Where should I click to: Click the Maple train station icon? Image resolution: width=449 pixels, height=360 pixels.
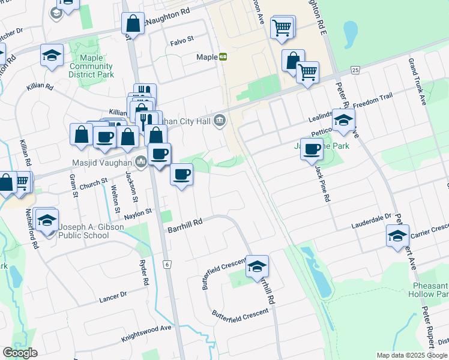pyautogui.click(x=223, y=57)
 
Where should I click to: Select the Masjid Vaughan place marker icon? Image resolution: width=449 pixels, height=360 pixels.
pyautogui.click(x=141, y=161)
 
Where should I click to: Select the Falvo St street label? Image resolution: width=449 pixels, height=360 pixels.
pyautogui.click(x=182, y=39)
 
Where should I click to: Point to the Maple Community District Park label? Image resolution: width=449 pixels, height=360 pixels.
pyautogui.click(x=91, y=66)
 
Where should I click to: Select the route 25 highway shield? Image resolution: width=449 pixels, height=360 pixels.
pyautogui.click(x=355, y=70)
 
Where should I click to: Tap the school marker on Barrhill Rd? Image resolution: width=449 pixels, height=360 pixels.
pyautogui.click(x=257, y=266)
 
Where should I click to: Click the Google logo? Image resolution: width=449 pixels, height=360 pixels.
pyautogui.click(x=20, y=353)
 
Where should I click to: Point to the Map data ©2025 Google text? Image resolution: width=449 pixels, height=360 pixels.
pyautogui.click(x=411, y=355)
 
